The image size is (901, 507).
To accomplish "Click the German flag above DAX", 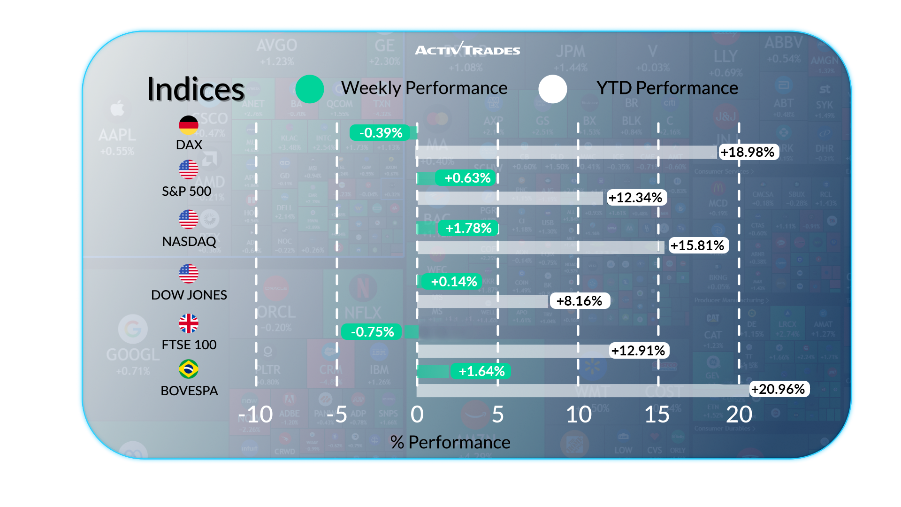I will point(189,125).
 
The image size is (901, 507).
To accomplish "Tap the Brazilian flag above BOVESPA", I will point(189,369).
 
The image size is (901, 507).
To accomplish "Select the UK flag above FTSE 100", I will point(189,323).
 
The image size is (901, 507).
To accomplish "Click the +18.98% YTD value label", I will point(748,152).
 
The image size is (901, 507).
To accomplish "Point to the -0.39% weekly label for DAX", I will point(381,133).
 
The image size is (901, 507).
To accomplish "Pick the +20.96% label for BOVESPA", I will point(778,389).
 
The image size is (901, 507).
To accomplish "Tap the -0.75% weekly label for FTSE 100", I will point(373,332).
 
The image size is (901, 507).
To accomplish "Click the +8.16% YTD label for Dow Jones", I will point(580,301).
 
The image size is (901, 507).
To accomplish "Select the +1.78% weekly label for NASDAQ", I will point(468,228).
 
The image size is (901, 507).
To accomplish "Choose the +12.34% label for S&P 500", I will point(635,198).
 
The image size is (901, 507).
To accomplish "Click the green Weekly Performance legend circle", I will point(310,89).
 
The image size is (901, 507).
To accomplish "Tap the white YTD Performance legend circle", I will point(553,89).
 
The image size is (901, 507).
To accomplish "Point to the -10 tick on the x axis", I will point(255,415).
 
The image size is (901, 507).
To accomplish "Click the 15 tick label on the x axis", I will point(657,415).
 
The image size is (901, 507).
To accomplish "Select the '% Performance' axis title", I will point(450,442).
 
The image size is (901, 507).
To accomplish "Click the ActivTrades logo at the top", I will point(467,49).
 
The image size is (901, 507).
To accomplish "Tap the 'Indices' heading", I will point(196,89).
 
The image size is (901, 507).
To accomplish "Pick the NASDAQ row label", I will point(189,241).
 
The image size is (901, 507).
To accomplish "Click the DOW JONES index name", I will point(189,295).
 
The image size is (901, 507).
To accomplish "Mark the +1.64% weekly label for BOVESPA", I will point(481,371).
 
